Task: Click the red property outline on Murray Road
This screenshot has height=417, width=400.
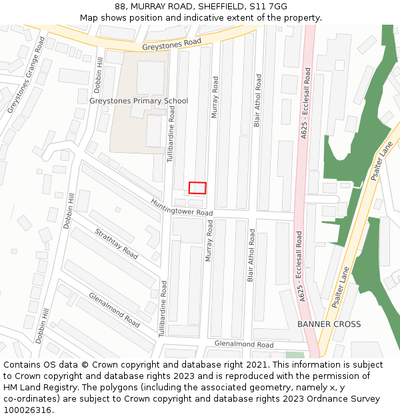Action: (197, 187)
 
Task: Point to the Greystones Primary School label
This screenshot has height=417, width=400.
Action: (139, 101)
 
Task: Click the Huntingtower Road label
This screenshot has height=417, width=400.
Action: (181, 207)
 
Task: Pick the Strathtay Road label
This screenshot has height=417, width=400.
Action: (117, 244)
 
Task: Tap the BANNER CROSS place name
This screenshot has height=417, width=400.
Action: (329, 324)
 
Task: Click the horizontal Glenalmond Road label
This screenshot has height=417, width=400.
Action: (244, 344)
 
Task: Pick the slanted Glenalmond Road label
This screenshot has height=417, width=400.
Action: (114, 310)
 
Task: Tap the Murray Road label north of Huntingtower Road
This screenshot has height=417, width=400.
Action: (215, 97)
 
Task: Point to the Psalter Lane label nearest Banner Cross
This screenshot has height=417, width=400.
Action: (341, 288)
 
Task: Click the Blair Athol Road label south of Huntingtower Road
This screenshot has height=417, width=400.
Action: (251, 256)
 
